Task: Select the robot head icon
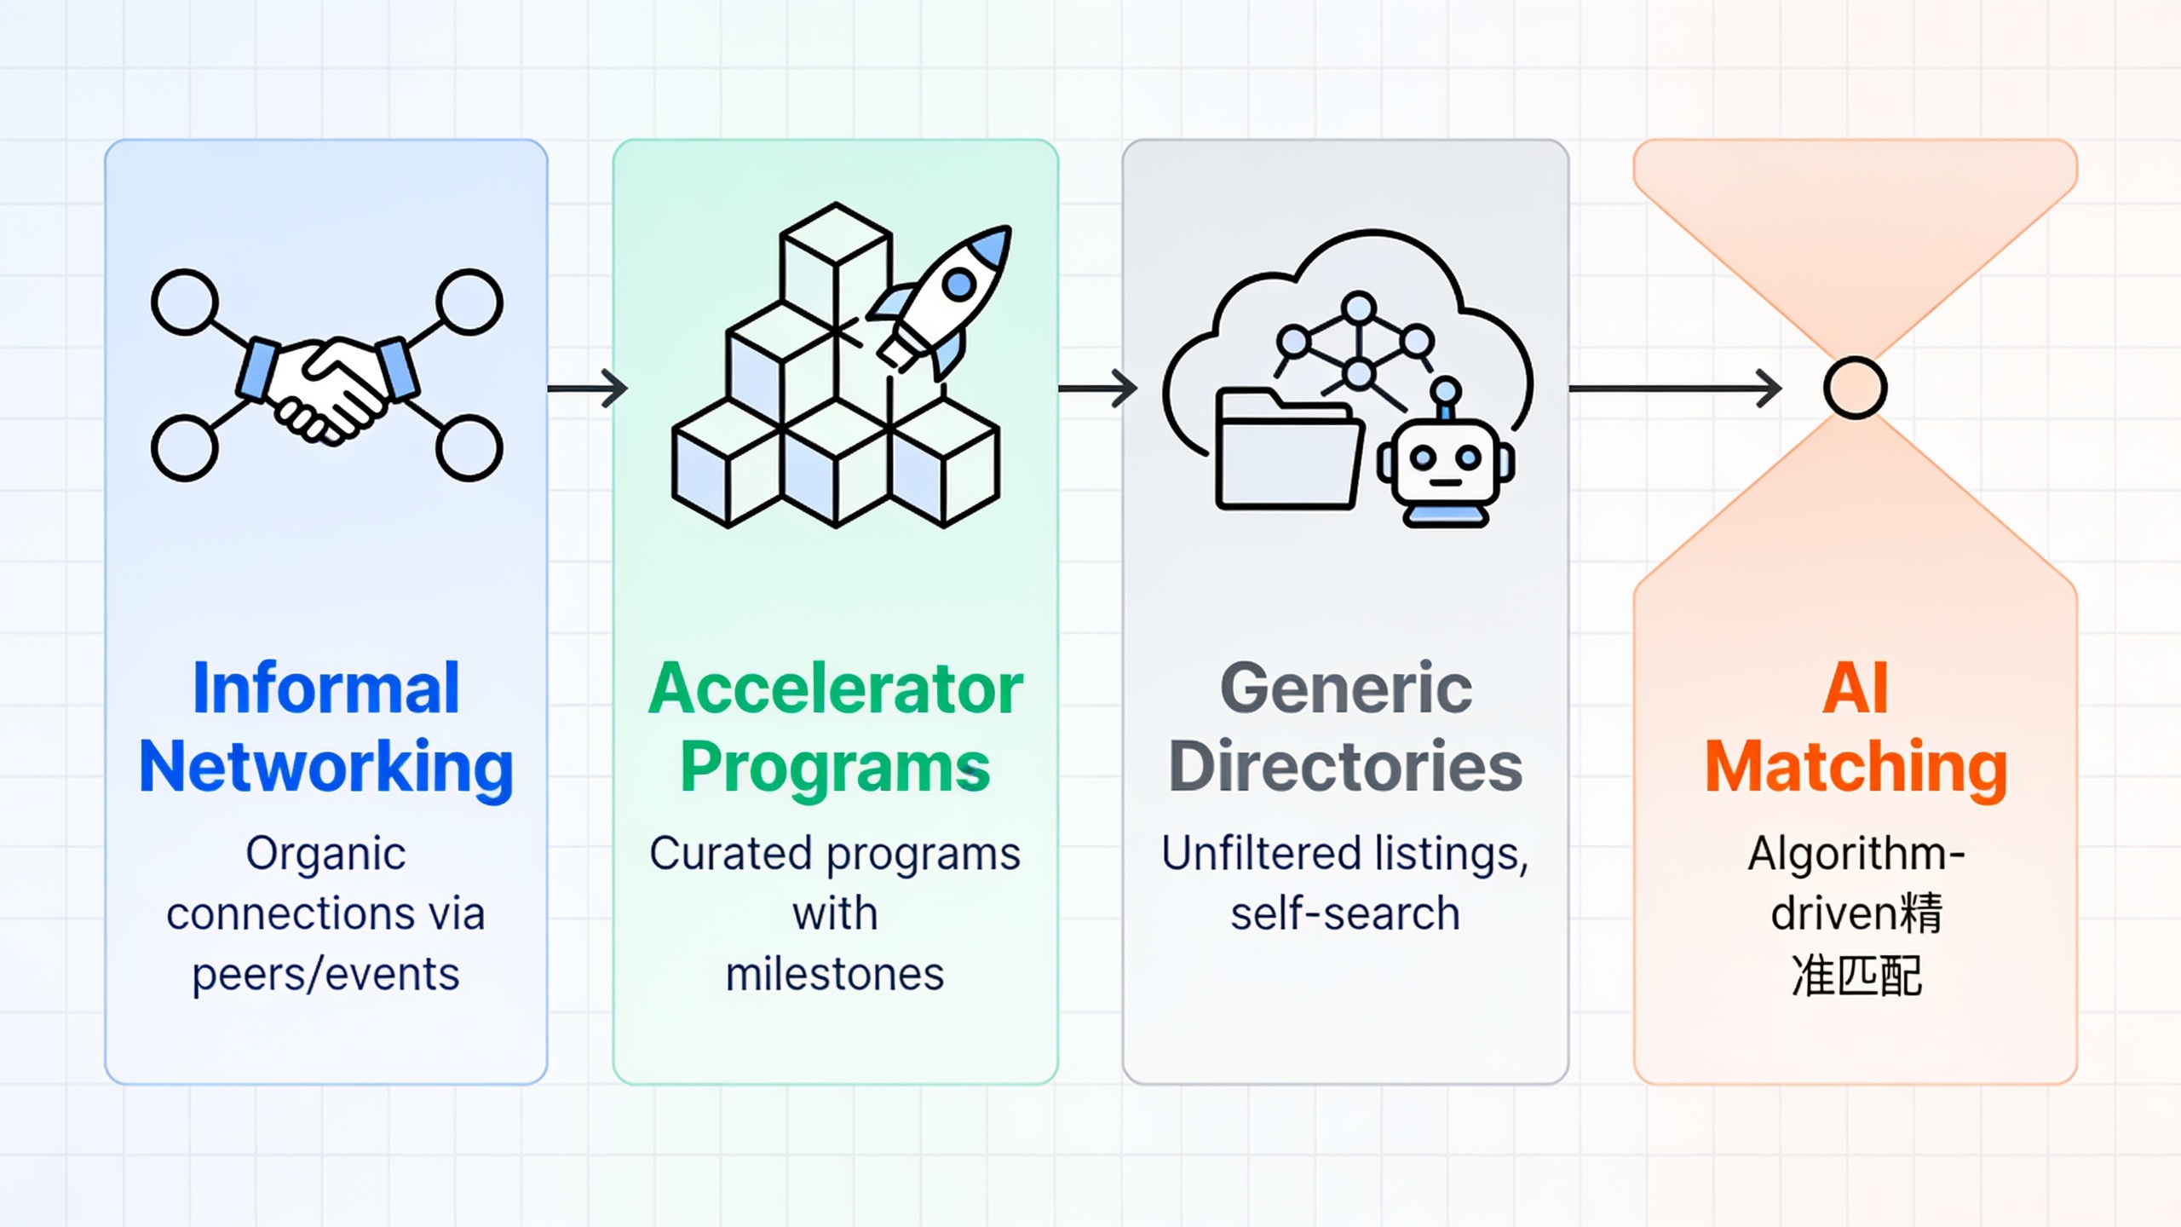(x=1446, y=457)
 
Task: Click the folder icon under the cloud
(x=1288, y=450)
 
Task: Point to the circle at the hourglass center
(x=1856, y=389)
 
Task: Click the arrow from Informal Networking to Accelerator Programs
(x=588, y=389)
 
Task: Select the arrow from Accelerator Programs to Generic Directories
(x=1098, y=389)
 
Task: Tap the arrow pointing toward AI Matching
(x=1675, y=389)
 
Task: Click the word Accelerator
(x=836, y=688)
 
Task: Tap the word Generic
(x=1346, y=688)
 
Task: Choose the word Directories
(x=1346, y=766)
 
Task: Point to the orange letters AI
(x=1856, y=688)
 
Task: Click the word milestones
(x=835, y=974)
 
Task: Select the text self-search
(x=1345, y=913)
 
